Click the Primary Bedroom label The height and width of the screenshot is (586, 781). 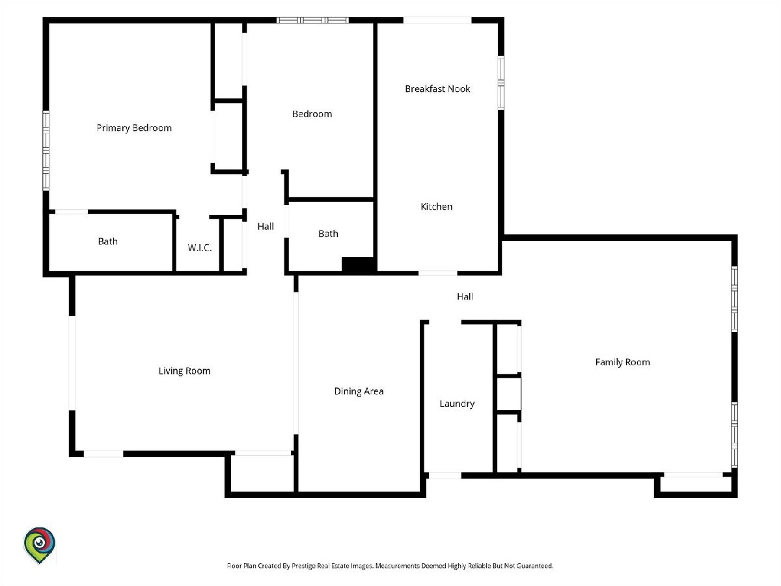134,128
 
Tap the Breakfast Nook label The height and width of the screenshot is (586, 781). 437,89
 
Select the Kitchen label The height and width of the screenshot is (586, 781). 436,206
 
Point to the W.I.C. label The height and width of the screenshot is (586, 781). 200,247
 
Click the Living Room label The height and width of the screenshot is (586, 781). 184,371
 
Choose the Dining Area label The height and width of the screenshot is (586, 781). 359,391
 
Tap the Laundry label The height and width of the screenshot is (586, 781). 457,404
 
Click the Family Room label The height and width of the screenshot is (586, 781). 622,362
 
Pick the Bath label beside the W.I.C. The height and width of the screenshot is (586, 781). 107,241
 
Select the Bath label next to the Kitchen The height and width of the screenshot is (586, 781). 328,234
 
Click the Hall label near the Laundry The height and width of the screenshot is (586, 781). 465,296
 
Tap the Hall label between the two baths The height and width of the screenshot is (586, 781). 266,227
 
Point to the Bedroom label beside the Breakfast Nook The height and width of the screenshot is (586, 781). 312,114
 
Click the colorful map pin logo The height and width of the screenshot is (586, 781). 39,545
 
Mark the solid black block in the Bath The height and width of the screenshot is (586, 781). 357,265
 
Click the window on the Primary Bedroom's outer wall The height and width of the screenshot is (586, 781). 46,150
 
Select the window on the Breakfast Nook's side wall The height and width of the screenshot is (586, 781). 500,83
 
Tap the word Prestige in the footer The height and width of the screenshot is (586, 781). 303,566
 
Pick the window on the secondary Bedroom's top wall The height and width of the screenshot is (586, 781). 313,20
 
